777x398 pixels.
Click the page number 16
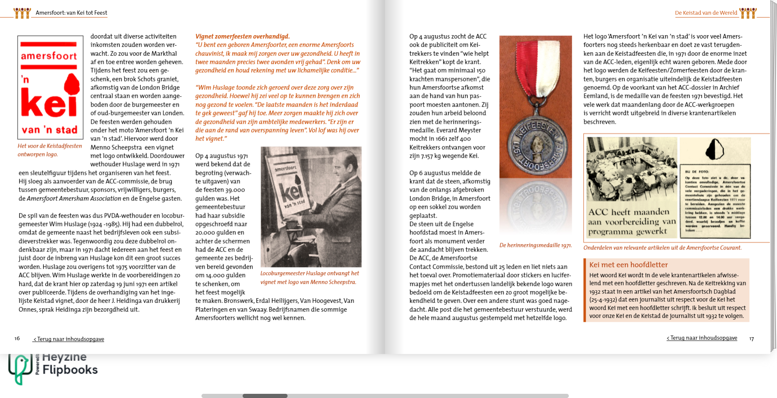tap(17, 338)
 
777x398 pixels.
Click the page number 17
tap(751, 339)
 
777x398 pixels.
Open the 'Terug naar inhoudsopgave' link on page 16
tap(69, 339)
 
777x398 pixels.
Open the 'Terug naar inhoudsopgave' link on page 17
tap(702, 338)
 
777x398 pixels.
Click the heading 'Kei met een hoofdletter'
tap(628, 265)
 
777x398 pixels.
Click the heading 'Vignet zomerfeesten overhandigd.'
tap(243, 36)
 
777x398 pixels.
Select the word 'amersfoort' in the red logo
tap(49, 56)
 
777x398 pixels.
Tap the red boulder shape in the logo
tap(72, 84)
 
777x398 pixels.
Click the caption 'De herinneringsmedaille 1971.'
tap(536, 245)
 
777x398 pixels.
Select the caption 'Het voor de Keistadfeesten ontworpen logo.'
tap(50, 150)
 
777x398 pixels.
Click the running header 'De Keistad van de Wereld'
tap(706, 13)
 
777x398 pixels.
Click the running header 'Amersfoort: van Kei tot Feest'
tap(71, 13)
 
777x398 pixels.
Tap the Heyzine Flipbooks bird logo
tap(20, 368)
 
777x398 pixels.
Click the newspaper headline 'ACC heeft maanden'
tap(628, 212)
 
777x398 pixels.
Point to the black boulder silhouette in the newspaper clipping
tap(714, 149)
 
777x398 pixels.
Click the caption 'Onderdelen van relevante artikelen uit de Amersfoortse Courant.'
tap(662, 248)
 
